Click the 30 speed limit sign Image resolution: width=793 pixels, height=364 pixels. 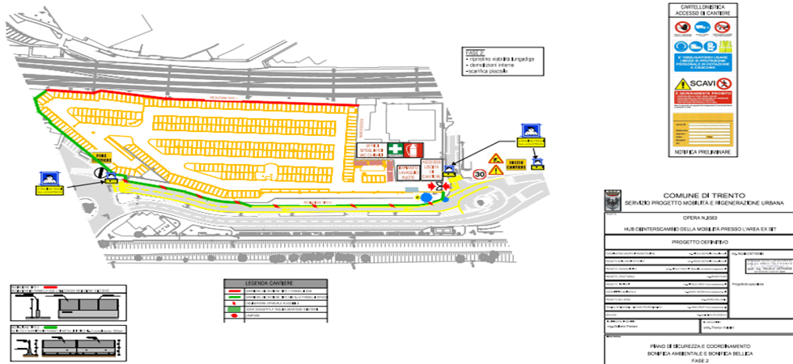click(x=480, y=173)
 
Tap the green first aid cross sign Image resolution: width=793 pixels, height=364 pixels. click(x=394, y=150)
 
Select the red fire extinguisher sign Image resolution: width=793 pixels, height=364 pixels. click(x=415, y=150)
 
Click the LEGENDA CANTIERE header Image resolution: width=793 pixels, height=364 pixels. click(x=274, y=284)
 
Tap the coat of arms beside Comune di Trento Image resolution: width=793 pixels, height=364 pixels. click(x=613, y=200)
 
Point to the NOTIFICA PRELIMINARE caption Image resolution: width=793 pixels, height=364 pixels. click(x=702, y=152)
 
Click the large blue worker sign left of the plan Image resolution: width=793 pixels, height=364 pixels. click(x=50, y=180)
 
